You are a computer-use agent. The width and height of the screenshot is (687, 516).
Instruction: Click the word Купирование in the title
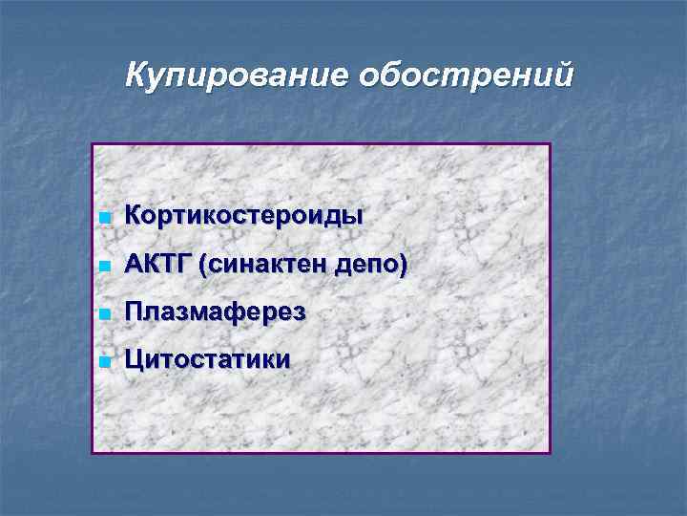coord(238,74)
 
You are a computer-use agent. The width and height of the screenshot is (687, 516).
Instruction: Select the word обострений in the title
coord(467,74)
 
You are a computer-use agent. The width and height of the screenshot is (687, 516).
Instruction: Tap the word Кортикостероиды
coord(243,215)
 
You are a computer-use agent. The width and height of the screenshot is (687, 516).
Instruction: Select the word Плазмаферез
coord(216,312)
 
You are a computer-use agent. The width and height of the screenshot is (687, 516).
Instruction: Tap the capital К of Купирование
coord(136,74)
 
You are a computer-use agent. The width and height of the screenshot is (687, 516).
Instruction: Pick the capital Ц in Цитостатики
coord(135,360)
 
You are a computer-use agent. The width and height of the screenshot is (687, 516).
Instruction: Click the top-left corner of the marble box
coord(93,144)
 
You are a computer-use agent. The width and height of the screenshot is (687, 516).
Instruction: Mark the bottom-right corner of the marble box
coord(551,452)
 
